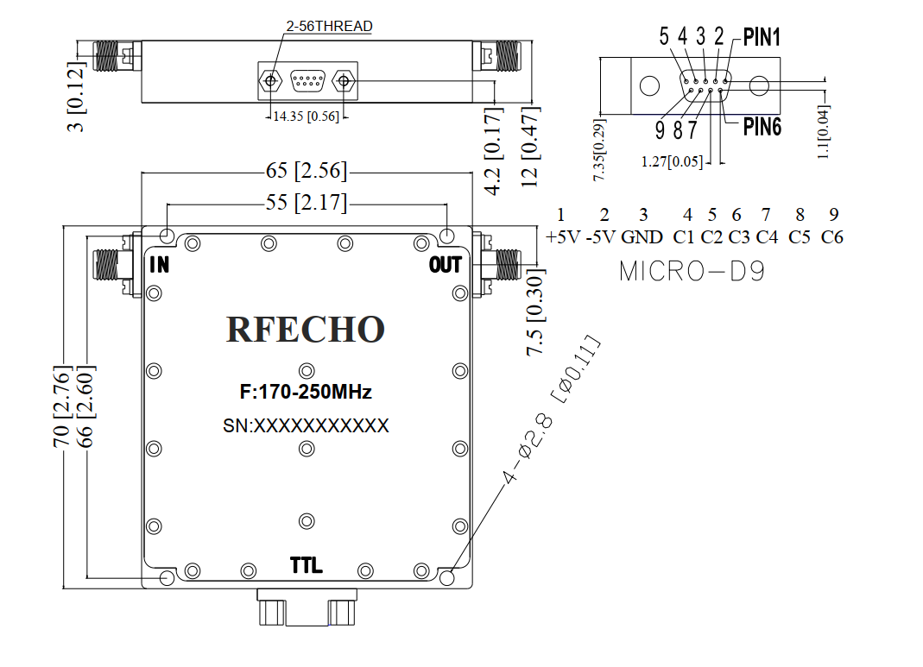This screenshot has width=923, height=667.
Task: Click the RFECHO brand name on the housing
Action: [x=306, y=329]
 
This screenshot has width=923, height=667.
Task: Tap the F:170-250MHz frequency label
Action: [x=306, y=392]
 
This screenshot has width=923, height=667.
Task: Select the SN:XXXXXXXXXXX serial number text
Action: [x=306, y=426]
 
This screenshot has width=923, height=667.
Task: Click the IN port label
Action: [x=159, y=265]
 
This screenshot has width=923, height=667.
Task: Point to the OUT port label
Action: [x=445, y=265]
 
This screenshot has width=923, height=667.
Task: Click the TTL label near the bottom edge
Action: [x=307, y=565]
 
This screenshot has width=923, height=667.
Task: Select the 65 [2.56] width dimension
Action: [x=307, y=171]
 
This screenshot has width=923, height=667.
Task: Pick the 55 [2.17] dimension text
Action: [x=307, y=202]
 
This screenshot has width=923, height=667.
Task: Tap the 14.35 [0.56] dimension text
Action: [x=307, y=116]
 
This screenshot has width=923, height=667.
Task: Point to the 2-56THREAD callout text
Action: [x=329, y=27]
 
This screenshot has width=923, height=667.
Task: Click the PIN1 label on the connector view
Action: [x=762, y=38]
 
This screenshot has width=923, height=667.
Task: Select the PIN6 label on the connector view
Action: [x=762, y=127]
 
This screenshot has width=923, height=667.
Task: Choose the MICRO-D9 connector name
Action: [x=692, y=271]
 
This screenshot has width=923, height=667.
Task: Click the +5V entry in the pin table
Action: [x=563, y=237]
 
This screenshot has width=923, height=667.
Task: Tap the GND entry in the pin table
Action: [x=642, y=237]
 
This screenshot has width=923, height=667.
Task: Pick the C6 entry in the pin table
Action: [x=832, y=237]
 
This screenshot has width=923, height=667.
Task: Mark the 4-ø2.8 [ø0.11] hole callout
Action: [x=551, y=409]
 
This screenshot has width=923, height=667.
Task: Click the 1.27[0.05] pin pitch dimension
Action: [x=672, y=161]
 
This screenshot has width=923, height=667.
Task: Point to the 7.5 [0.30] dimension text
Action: [x=535, y=312]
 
